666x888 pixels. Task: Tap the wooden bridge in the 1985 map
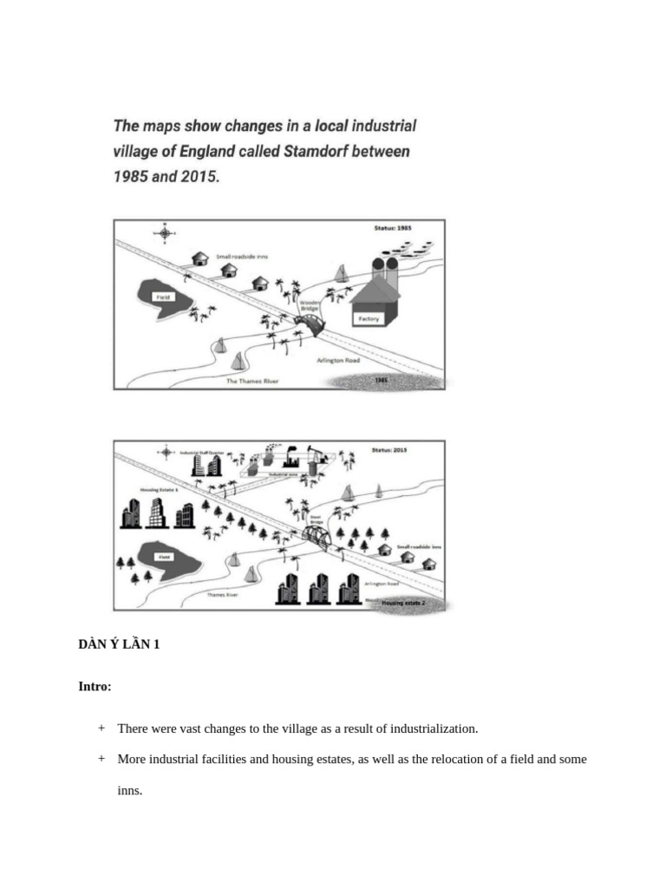click(x=308, y=325)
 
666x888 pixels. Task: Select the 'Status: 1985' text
click(x=392, y=228)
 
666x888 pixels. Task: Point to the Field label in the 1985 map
click(x=162, y=297)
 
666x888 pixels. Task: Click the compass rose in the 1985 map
click(x=163, y=232)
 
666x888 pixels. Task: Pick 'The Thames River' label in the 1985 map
click(x=252, y=381)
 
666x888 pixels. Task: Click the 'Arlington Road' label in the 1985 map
click(x=339, y=360)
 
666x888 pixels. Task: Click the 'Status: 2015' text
click(x=390, y=450)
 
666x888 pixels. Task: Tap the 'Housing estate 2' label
click(x=404, y=601)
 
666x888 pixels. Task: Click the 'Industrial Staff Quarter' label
click(x=202, y=452)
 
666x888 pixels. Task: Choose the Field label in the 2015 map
click(x=163, y=557)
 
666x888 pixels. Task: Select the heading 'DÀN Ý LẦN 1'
click(x=119, y=644)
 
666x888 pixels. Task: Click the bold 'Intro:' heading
click(x=95, y=686)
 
